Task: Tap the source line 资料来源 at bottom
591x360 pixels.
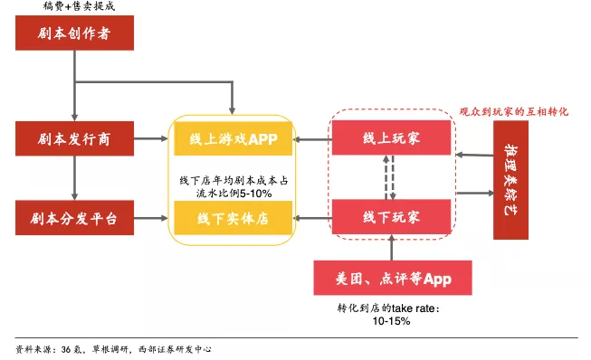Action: (112, 348)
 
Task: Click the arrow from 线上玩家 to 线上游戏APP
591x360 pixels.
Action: (314, 139)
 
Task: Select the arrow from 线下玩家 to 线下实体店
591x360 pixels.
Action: (314, 218)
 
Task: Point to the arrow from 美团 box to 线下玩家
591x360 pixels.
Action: (391, 247)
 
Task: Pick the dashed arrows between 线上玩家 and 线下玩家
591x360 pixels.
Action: (390, 178)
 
